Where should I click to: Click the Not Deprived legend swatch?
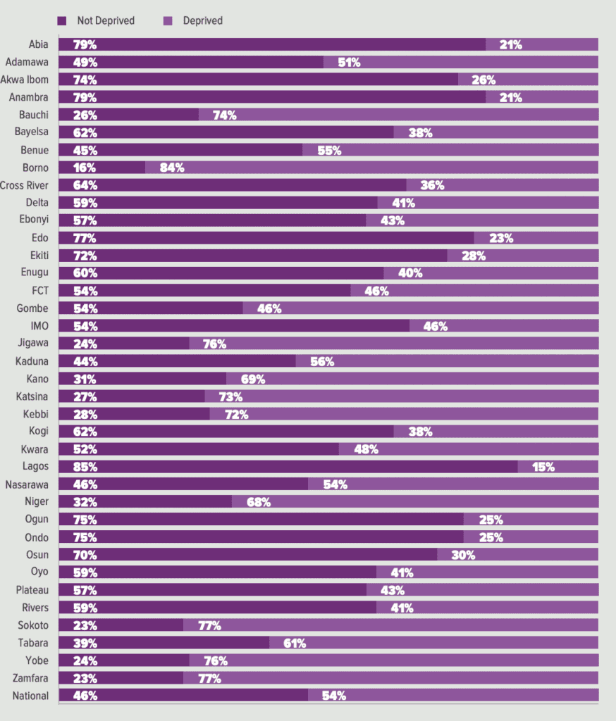click(x=62, y=20)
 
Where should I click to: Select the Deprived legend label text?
click(x=202, y=20)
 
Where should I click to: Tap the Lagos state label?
click(x=35, y=466)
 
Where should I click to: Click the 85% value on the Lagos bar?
click(x=85, y=468)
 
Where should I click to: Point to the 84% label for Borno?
click(x=172, y=168)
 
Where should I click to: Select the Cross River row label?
click(x=24, y=185)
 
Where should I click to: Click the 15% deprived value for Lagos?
click(x=543, y=468)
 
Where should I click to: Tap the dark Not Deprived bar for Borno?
click(x=101, y=168)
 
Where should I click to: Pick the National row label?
click(x=30, y=696)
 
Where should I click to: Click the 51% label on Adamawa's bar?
click(x=349, y=63)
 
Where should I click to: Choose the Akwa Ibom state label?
click(x=25, y=80)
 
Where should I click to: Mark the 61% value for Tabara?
click(x=295, y=644)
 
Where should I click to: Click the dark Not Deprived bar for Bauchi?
click(x=128, y=115)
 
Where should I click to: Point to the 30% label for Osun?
click(x=463, y=555)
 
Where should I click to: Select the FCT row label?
click(x=40, y=291)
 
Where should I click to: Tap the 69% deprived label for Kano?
click(x=253, y=380)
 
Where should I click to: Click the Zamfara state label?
click(x=30, y=678)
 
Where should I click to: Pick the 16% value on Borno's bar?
click(x=85, y=168)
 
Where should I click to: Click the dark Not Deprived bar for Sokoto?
click(x=121, y=625)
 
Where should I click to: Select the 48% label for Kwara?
click(x=366, y=449)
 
